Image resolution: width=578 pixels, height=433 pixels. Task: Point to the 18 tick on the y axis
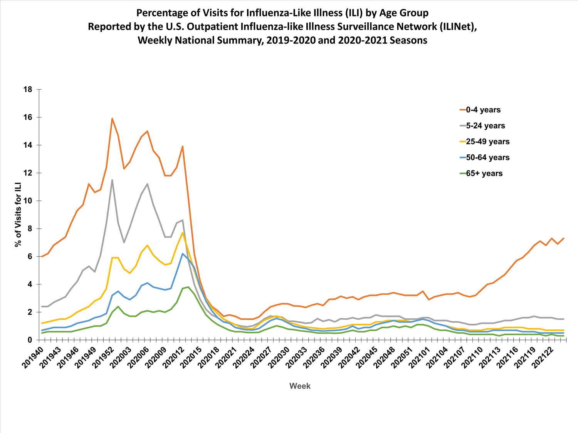(28, 89)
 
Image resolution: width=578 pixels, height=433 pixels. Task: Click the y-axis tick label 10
(28, 201)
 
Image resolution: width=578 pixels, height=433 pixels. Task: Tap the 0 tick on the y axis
(30, 340)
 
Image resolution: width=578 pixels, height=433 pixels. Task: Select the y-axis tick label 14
(28, 145)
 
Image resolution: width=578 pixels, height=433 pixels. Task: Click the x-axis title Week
(300, 386)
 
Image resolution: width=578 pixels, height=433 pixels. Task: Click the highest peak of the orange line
(112, 119)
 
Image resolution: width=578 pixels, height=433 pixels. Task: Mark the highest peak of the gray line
(112, 180)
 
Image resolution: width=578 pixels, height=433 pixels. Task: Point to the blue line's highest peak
(183, 254)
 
